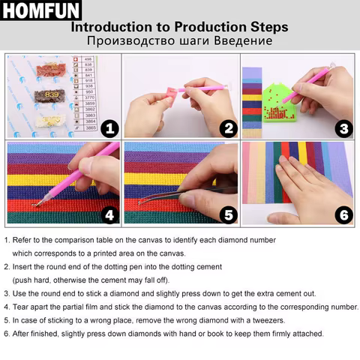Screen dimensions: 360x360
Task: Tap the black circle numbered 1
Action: (109, 128)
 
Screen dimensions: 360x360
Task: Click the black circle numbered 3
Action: (344, 128)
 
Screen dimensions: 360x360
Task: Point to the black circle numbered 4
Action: (109, 215)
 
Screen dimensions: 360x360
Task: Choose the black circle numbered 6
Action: (344, 215)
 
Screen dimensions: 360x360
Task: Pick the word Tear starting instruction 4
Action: (22, 307)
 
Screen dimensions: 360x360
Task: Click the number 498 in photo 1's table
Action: (88, 58)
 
